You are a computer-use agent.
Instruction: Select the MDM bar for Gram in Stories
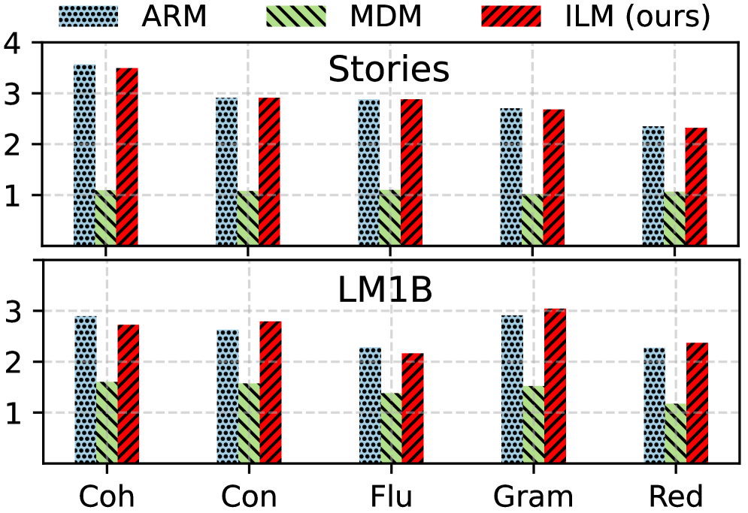532,219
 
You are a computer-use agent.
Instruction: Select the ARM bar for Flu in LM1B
368,405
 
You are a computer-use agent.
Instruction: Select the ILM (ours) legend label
638,17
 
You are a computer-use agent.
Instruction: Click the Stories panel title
389,70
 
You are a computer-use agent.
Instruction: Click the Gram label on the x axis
533,496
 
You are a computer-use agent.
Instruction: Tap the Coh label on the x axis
106,496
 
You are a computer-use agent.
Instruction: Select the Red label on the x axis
675,496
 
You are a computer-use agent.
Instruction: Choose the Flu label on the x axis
390,496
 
